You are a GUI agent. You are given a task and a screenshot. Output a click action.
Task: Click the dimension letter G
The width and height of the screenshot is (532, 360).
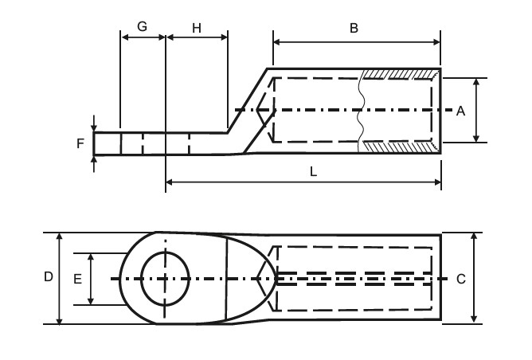coord(142,26)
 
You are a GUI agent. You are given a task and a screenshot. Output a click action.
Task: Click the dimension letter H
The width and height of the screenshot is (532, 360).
coord(196,26)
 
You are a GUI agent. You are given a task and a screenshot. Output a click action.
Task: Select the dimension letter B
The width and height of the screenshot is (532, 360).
coord(354,27)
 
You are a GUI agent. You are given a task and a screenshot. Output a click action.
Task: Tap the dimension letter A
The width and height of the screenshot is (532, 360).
coord(460,112)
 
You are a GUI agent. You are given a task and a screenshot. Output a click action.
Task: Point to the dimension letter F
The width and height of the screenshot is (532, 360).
coord(80,144)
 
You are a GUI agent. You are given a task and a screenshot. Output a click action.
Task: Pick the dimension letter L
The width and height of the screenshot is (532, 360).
coord(313,171)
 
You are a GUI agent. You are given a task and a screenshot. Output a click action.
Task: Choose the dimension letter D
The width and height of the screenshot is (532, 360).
coord(49,277)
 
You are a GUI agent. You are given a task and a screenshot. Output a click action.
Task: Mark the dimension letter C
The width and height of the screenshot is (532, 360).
coord(461,279)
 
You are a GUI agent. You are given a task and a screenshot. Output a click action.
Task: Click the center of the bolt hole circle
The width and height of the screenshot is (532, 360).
coord(165,278)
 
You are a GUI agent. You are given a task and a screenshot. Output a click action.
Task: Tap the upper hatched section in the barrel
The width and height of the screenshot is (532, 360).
coord(399,73)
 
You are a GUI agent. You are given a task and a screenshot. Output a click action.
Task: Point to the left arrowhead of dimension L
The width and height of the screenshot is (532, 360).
coord(170,183)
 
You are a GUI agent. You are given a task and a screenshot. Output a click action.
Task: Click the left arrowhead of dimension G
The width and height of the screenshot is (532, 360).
coord(123,37)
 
